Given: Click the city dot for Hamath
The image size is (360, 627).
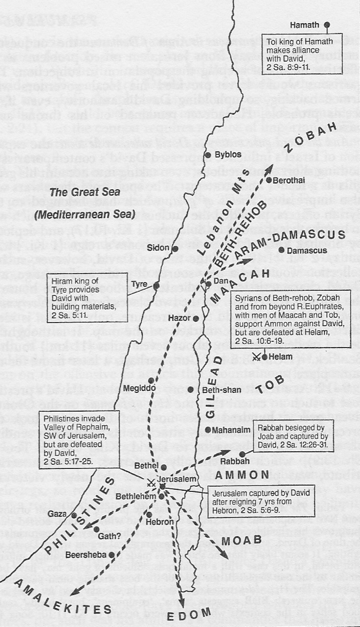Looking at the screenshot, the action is tap(327, 25).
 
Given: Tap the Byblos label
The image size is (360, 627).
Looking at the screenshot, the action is tap(228, 154).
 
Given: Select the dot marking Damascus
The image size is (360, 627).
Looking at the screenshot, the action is tap(282, 250).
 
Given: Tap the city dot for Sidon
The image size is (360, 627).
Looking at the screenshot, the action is tap(176, 249).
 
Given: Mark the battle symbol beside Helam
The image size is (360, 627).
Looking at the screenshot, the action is tap(257, 357).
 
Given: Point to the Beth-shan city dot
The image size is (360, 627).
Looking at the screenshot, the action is tap(191, 390).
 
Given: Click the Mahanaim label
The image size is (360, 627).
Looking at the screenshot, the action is tap(231, 430).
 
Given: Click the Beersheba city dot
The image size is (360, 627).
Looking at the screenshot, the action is tap(111, 555).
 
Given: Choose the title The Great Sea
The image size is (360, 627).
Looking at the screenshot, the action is tap(85, 192).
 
